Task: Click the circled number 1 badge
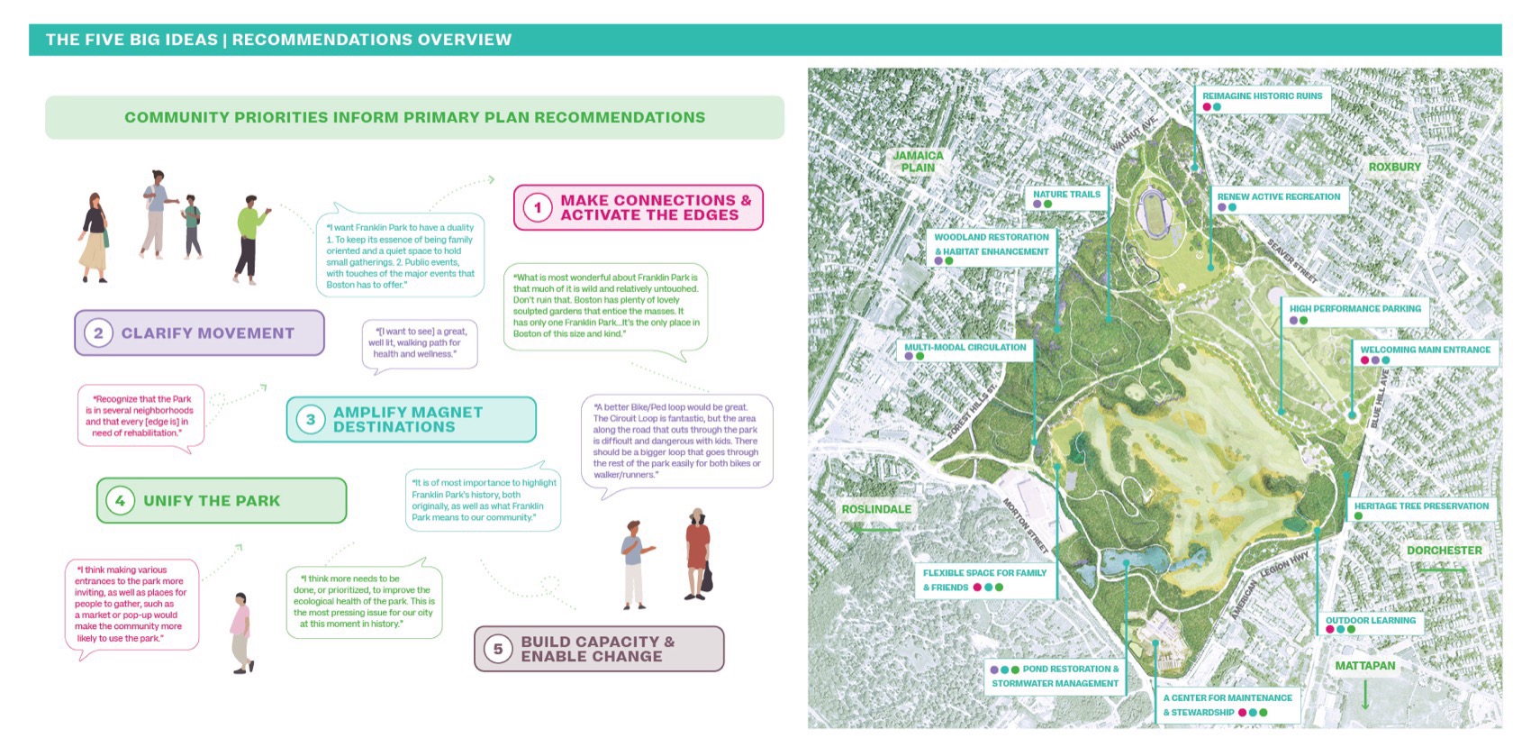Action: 538,208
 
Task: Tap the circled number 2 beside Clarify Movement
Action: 98,333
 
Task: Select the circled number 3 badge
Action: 311,420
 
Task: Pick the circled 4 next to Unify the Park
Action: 120,501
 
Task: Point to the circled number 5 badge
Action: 497,649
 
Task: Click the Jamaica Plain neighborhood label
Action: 918,161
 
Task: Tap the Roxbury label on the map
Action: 1394,168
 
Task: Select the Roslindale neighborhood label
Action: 876,509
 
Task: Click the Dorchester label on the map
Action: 1444,551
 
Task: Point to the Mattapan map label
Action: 1364,666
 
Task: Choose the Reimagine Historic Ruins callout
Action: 1262,96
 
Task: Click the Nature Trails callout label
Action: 1066,195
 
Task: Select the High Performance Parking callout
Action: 1354,309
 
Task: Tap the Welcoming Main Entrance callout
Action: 1425,350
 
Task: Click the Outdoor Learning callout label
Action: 1370,621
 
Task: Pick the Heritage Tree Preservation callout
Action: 1421,506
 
